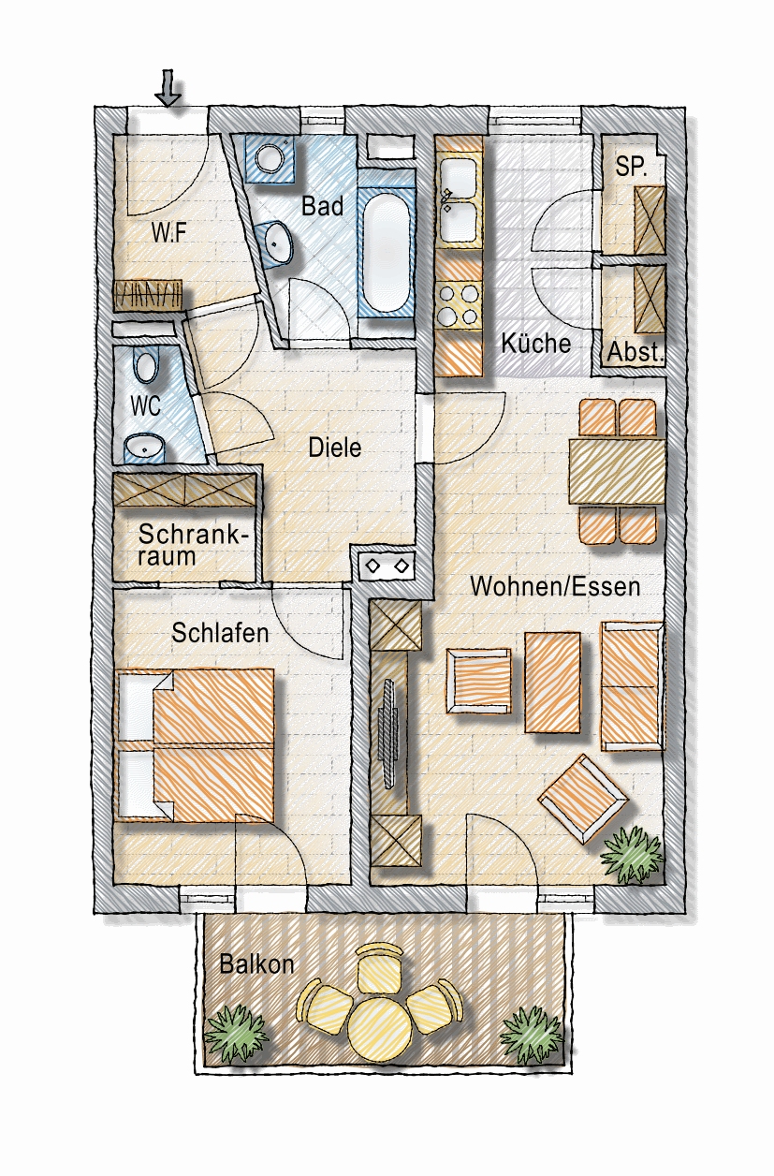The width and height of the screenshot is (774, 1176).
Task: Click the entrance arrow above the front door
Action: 168,88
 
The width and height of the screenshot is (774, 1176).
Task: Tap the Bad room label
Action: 322,206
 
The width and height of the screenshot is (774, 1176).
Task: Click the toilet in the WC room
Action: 145,366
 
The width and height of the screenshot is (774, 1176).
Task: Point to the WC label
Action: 145,406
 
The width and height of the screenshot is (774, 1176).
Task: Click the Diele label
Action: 335,448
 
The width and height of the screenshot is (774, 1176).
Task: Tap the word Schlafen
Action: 220,633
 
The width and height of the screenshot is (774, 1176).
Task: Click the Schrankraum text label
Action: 193,546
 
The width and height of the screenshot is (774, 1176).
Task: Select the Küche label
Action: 535,344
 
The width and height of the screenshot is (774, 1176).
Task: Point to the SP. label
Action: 631,167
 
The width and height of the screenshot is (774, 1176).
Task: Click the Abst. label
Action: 635,352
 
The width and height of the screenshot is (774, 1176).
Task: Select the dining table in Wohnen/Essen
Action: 617,470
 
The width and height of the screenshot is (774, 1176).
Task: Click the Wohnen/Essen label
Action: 555,586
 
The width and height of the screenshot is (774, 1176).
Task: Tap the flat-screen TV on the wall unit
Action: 388,733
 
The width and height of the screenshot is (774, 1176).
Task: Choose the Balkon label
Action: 256,964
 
